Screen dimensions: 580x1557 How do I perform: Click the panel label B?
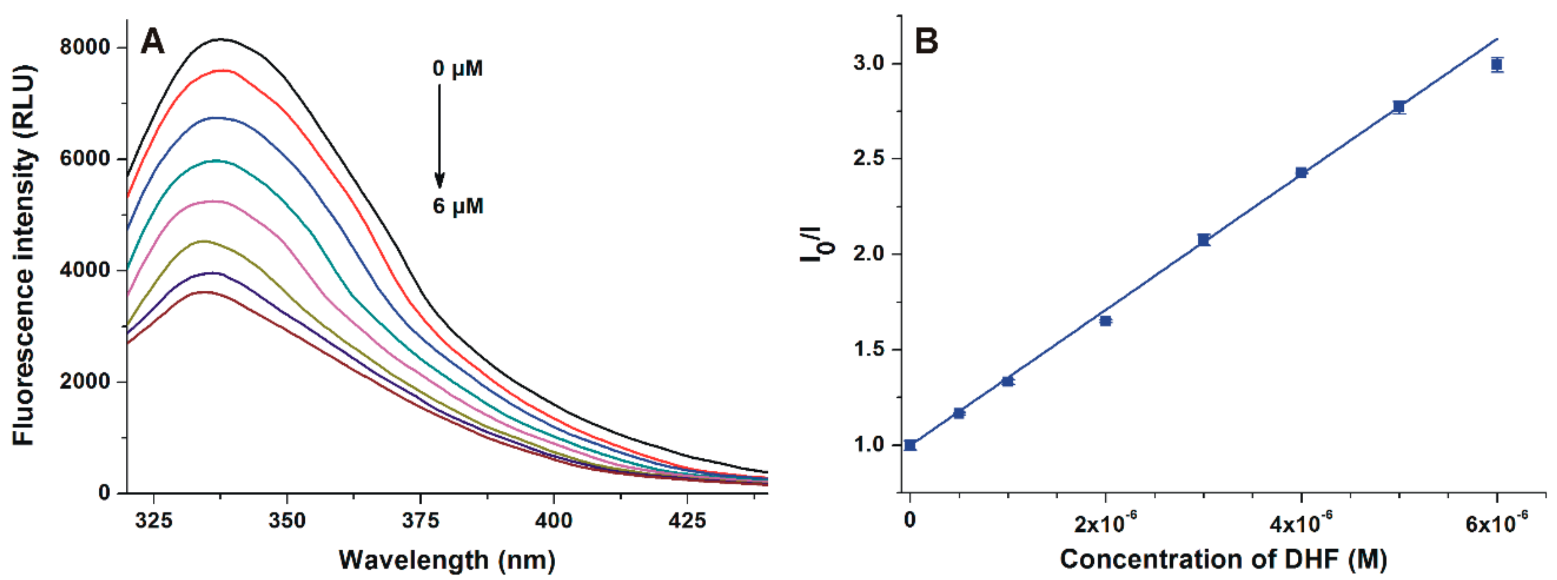pyautogui.click(x=926, y=42)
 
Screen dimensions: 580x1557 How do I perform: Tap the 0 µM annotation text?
pyautogui.click(x=458, y=69)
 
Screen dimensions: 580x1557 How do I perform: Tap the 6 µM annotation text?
pyautogui.click(x=458, y=207)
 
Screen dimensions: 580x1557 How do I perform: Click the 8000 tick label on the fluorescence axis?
pyautogui.click(x=84, y=47)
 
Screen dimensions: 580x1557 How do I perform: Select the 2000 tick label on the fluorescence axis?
pyautogui.click(x=84, y=382)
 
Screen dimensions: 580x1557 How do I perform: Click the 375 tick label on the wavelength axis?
pyautogui.click(x=420, y=521)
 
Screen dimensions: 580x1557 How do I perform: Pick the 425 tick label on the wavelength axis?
pyautogui.click(x=686, y=521)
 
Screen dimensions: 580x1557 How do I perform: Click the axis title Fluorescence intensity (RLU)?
pyautogui.click(x=24, y=255)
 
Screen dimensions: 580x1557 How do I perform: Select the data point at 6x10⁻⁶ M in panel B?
pyautogui.click(x=1496, y=65)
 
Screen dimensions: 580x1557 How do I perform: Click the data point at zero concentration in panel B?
pyautogui.click(x=910, y=445)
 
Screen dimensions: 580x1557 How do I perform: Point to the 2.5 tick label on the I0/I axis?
pyautogui.click(x=869, y=158)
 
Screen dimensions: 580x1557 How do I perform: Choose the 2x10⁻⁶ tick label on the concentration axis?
pyautogui.click(x=1105, y=522)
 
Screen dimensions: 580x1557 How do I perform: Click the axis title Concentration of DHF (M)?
pyautogui.click(x=1223, y=559)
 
